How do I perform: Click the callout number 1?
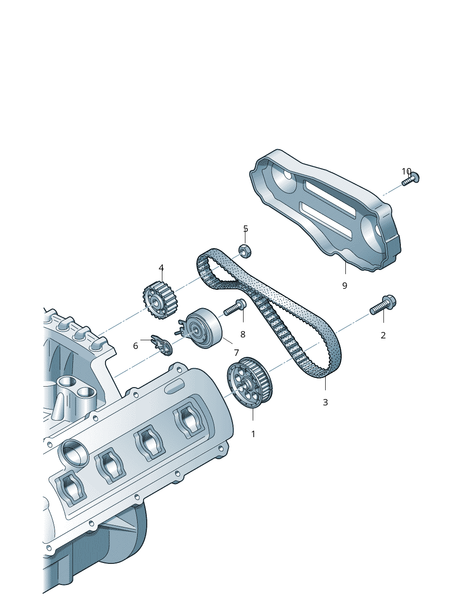tap(253, 434)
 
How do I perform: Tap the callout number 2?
tap(383, 335)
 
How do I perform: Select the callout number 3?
tap(325, 402)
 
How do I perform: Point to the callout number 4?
tap(161, 268)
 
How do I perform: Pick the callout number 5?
tap(245, 229)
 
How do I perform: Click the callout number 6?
tap(135, 346)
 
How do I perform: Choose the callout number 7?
tap(236, 353)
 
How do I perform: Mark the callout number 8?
tap(243, 334)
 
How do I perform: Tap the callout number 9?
tap(344, 286)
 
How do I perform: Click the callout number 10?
tap(406, 171)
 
